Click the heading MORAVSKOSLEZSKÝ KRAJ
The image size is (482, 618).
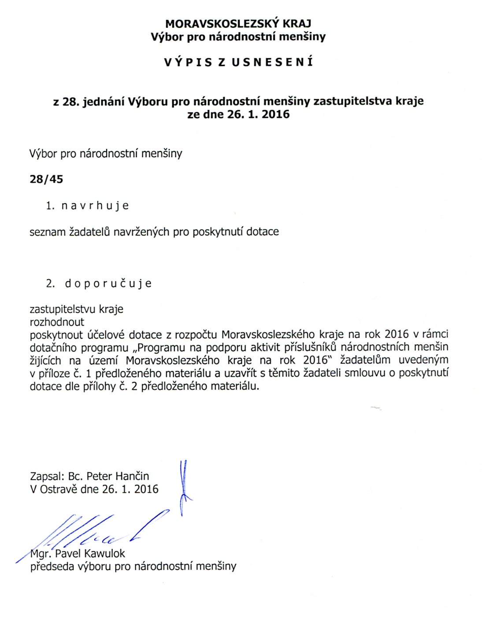(238, 24)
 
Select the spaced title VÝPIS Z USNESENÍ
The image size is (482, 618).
(238, 62)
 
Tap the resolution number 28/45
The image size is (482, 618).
(46, 179)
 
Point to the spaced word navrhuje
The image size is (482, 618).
(95, 206)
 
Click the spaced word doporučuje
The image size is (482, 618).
(108, 283)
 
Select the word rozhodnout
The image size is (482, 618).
(57, 322)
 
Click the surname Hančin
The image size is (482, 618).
(132, 476)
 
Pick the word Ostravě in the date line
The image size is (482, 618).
(59, 489)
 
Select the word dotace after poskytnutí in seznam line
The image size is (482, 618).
(263, 232)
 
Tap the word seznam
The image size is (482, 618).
(47, 232)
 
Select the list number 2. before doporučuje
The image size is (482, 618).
(50, 283)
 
